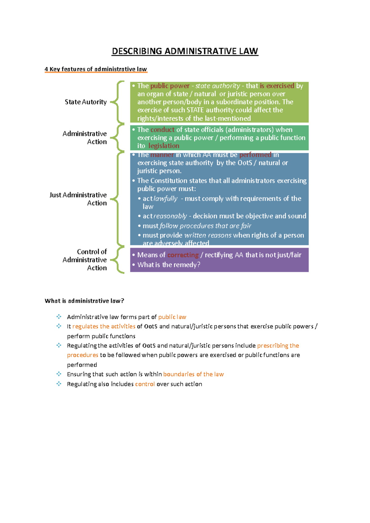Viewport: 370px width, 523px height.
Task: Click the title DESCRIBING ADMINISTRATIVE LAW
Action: click(185, 51)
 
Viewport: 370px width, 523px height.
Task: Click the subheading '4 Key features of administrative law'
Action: click(96, 69)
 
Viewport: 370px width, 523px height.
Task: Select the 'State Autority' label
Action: click(85, 102)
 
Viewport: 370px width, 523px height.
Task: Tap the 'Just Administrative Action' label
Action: click(78, 199)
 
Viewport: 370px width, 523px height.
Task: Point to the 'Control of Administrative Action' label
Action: click(85, 260)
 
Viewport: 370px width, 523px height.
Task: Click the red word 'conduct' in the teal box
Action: click(162, 130)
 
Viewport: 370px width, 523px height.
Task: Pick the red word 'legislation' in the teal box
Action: click(164, 146)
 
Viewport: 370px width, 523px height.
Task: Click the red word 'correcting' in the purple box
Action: click(183, 255)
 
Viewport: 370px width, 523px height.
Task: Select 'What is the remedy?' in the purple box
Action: click(169, 265)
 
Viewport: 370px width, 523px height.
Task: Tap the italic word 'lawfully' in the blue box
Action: click(166, 199)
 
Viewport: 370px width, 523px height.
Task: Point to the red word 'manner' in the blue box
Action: click(162, 155)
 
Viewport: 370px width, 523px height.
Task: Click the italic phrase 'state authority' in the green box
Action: click(217, 86)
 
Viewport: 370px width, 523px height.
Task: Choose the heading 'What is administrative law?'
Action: click(84, 301)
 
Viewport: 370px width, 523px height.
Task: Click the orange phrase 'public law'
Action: click(172, 317)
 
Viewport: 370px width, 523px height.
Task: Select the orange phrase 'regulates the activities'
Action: click(104, 326)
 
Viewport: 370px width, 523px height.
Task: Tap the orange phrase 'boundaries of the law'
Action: click(193, 374)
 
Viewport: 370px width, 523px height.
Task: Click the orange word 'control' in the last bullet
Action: click(145, 384)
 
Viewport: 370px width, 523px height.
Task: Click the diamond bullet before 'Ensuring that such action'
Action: click(59, 374)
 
